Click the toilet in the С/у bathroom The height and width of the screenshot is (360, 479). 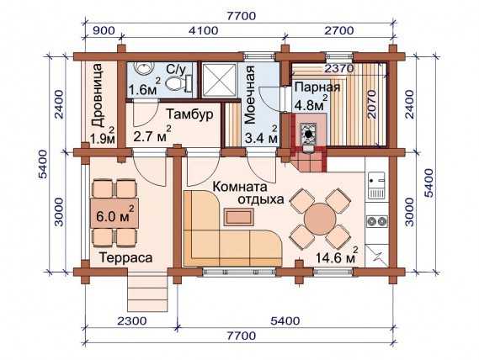[177, 82]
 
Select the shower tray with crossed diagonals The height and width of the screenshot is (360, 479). [219, 80]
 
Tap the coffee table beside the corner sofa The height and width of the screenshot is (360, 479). [239, 216]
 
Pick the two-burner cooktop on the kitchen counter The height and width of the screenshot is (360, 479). [377, 221]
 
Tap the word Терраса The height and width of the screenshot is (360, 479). [126, 257]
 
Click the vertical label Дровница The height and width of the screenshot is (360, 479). [98, 95]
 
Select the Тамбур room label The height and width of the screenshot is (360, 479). [189, 114]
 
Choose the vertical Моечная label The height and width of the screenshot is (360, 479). [249, 94]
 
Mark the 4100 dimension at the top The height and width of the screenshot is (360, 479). [203, 31]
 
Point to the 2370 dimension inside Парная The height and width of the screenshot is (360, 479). [338, 68]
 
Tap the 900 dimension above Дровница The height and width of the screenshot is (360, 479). [104, 31]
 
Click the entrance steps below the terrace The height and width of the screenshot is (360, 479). [147, 294]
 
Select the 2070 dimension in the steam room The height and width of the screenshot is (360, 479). [372, 104]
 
